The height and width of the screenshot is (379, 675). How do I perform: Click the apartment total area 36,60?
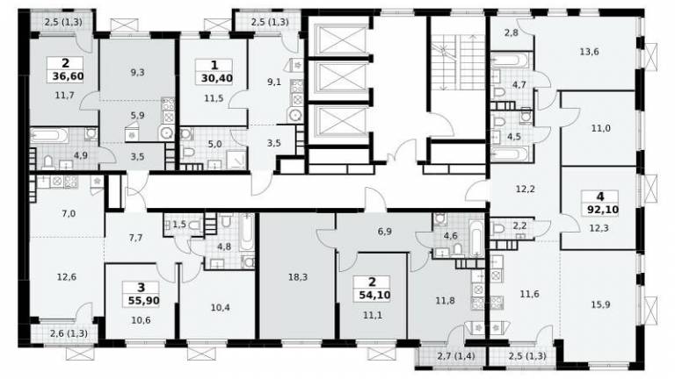(68, 76)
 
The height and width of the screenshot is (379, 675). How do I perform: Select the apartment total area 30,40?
(217, 78)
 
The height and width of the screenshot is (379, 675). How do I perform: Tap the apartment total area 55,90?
(144, 300)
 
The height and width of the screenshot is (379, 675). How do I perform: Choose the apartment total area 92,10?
(603, 210)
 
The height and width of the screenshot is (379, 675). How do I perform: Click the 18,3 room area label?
(298, 277)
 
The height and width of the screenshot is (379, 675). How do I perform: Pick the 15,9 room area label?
(600, 304)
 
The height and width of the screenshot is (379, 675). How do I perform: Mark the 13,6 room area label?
(589, 52)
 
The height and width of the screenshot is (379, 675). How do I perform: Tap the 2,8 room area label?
(511, 32)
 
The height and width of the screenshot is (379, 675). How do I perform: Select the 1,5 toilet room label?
(179, 224)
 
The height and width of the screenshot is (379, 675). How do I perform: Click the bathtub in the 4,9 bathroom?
(49, 135)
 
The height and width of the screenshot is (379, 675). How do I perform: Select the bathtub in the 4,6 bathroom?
(476, 237)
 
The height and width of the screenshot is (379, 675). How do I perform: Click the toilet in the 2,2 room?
(497, 228)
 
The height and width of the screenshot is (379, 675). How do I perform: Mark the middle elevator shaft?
(340, 79)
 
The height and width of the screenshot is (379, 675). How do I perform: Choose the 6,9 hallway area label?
(384, 232)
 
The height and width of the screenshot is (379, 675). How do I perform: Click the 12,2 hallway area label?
(526, 189)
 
